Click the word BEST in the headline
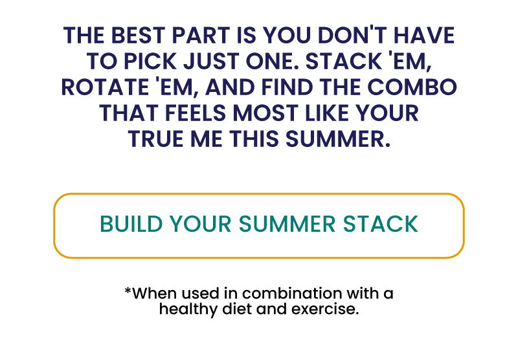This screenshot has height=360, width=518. [138, 36]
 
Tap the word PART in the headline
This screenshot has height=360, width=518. [201, 36]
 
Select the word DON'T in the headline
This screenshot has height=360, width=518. [352, 35]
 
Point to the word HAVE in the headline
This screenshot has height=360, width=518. [425, 36]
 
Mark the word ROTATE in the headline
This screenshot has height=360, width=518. [106, 87]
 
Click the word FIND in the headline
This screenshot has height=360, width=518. [287, 87]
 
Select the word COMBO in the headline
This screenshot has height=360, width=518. [412, 87]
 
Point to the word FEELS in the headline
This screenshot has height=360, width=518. [196, 113]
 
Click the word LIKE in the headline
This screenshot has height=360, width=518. [327, 113]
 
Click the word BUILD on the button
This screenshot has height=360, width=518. [131, 224]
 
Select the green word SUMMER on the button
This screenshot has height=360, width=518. [287, 224]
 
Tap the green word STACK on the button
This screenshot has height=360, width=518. [381, 224]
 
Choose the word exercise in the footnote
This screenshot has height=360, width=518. [325, 309]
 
